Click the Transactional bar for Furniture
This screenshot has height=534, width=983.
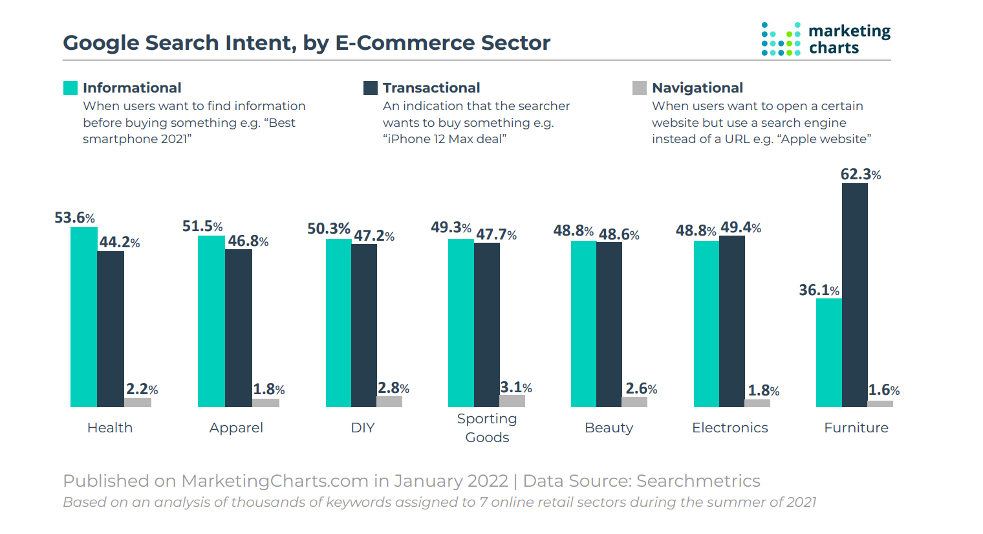point(854,295)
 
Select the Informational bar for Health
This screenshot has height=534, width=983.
point(83,317)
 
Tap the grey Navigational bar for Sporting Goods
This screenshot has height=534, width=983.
point(512,401)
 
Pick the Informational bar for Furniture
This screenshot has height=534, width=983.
point(828,353)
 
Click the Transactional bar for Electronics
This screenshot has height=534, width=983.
point(731,321)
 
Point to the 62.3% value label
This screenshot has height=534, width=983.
point(860,174)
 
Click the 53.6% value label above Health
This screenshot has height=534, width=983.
point(74,217)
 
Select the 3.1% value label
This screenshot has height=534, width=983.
point(515,387)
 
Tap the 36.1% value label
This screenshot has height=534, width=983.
point(819,290)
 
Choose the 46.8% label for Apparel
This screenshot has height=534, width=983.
point(248,241)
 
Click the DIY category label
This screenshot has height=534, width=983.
point(363,428)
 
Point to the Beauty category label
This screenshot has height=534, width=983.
point(609,428)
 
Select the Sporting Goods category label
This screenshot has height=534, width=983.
point(487,428)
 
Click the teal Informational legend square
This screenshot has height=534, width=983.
point(70,88)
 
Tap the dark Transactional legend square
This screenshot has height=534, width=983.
point(371,88)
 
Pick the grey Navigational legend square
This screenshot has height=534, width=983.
point(640,88)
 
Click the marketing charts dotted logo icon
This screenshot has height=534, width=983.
point(781,39)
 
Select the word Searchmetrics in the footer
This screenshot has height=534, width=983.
point(698,481)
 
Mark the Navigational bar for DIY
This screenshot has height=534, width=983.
point(389,401)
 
